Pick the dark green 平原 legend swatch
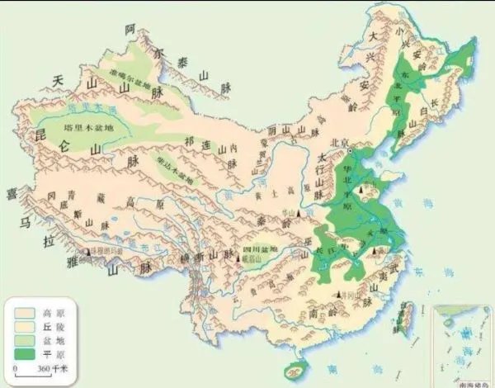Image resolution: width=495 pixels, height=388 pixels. tap(25, 353)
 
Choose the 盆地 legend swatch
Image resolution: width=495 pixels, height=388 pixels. tap(25, 339)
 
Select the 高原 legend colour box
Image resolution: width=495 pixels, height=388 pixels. tap(25, 313)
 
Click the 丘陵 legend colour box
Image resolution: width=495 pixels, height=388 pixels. tap(25, 326)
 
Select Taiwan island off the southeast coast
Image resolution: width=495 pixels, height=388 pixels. tap(405, 318)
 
